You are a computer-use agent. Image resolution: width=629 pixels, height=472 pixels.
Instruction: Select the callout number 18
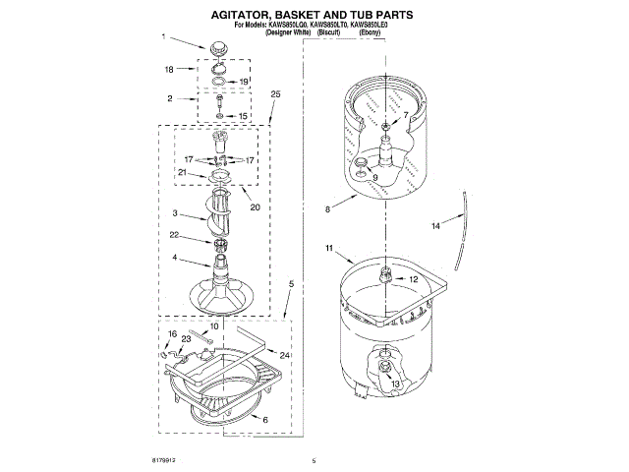[x=169, y=70]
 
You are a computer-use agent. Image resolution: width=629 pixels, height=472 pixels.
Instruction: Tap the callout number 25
[x=275, y=94]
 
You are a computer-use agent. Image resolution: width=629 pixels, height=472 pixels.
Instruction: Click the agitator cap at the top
[x=217, y=49]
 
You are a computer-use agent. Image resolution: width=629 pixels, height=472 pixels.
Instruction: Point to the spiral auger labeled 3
[x=222, y=215]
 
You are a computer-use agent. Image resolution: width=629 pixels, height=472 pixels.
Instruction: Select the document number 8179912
[x=166, y=460]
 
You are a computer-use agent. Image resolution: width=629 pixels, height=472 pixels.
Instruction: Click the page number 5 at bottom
[x=313, y=460]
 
